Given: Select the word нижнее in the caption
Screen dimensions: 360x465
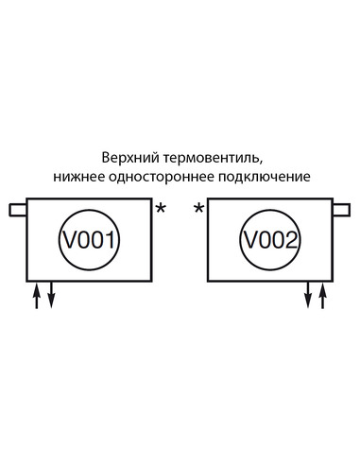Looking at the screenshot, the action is click(79, 177).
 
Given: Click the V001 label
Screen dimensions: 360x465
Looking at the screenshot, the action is click(90, 239).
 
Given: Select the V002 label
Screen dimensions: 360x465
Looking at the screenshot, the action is click(271, 239).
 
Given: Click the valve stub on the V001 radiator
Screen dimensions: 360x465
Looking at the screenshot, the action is click(18, 209).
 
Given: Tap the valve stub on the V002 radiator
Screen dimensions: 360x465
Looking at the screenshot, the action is click(341, 209).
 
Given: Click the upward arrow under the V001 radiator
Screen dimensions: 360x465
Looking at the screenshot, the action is click(37, 295).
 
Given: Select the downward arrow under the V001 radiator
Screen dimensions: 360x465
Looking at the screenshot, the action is click(51, 295).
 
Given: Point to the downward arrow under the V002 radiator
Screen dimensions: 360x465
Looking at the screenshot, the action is click(308, 295).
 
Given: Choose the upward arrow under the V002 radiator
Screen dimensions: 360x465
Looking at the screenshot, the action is click(323, 295).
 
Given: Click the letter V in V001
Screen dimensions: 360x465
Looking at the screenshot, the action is click(69, 239).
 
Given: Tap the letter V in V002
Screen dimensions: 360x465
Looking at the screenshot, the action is click(249, 239).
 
